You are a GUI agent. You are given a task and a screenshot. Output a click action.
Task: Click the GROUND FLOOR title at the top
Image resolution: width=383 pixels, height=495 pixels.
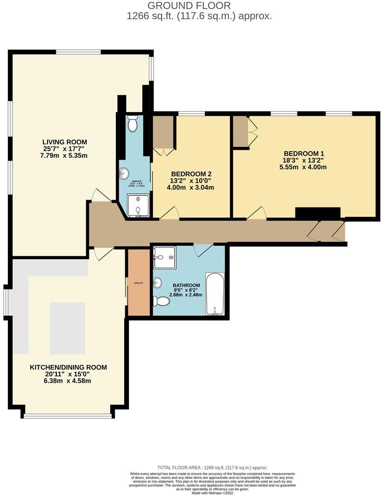(189, 6)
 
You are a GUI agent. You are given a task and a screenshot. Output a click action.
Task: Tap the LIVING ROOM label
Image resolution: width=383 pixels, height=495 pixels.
(65, 142)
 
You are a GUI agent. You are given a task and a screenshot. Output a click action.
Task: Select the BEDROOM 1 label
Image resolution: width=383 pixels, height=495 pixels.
(303, 153)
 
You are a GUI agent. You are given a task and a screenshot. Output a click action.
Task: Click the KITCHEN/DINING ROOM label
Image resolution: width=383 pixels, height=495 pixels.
(68, 367)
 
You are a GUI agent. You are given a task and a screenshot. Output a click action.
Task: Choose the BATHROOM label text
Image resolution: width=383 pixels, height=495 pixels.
(186, 285)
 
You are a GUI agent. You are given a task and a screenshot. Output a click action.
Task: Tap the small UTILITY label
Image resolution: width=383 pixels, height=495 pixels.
(138, 283)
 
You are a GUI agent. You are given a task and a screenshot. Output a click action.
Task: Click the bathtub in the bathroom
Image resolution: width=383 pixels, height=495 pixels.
(215, 294)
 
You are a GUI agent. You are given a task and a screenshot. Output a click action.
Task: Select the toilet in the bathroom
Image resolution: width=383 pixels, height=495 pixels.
(161, 301)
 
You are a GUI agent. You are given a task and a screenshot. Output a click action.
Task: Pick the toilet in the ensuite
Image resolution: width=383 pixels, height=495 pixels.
(132, 124)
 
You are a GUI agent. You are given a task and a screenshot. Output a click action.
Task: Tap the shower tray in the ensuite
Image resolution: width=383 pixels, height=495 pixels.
(138, 206)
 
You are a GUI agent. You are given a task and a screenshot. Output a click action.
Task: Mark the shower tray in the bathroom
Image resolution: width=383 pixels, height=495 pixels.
(164, 257)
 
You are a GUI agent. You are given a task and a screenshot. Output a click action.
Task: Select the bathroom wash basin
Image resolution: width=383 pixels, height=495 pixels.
(158, 282)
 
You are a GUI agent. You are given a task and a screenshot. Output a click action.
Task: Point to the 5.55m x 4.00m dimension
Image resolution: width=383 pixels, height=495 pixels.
(303, 167)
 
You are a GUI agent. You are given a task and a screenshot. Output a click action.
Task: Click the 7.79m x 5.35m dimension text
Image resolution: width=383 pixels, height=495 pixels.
(65, 155)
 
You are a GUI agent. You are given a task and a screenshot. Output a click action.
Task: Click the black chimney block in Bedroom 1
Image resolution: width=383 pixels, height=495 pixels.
(318, 213)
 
